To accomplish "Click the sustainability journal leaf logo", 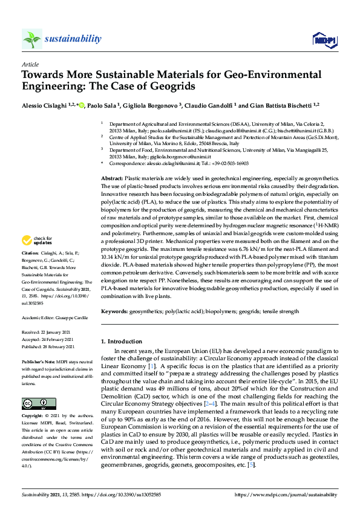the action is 31,39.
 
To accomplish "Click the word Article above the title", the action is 30,63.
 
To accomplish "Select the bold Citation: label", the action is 31,285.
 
